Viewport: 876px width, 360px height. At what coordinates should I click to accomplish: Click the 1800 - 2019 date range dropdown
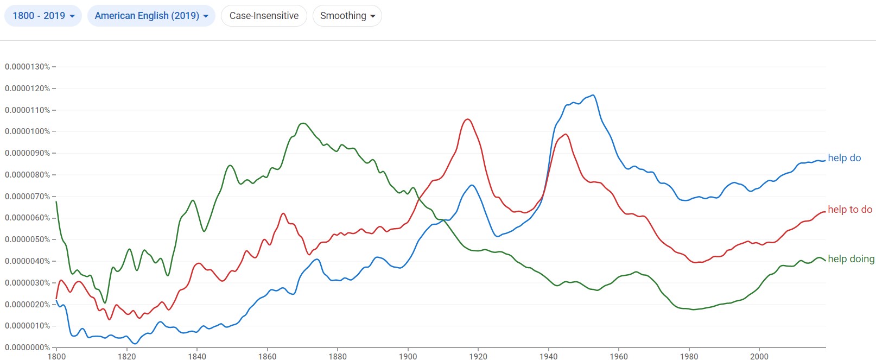click(43, 16)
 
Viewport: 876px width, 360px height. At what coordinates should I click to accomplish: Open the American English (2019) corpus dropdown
click(151, 16)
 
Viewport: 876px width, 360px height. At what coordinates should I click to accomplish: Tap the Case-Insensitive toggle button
click(264, 16)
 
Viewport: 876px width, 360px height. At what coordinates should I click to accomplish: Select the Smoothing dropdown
click(347, 16)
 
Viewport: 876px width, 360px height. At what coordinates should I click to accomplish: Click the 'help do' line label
click(844, 158)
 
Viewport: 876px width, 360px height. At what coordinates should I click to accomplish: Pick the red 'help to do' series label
click(849, 210)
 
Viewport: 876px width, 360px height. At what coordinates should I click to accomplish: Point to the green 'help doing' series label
click(850, 259)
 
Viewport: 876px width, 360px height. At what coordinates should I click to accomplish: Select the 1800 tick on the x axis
click(56, 356)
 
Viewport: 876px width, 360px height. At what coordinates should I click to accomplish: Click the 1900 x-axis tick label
click(408, 356)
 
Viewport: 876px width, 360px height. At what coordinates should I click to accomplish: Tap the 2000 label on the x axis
click(759, 356)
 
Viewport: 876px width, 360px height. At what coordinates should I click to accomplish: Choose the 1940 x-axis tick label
click(548, 356)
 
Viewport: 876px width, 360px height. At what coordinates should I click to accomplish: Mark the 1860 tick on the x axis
click(267, 356)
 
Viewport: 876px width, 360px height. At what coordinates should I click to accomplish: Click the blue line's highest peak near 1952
click(593, 96)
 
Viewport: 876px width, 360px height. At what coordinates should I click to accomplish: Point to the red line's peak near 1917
click(467, 119)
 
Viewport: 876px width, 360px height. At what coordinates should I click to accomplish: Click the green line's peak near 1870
click(303, 123)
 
